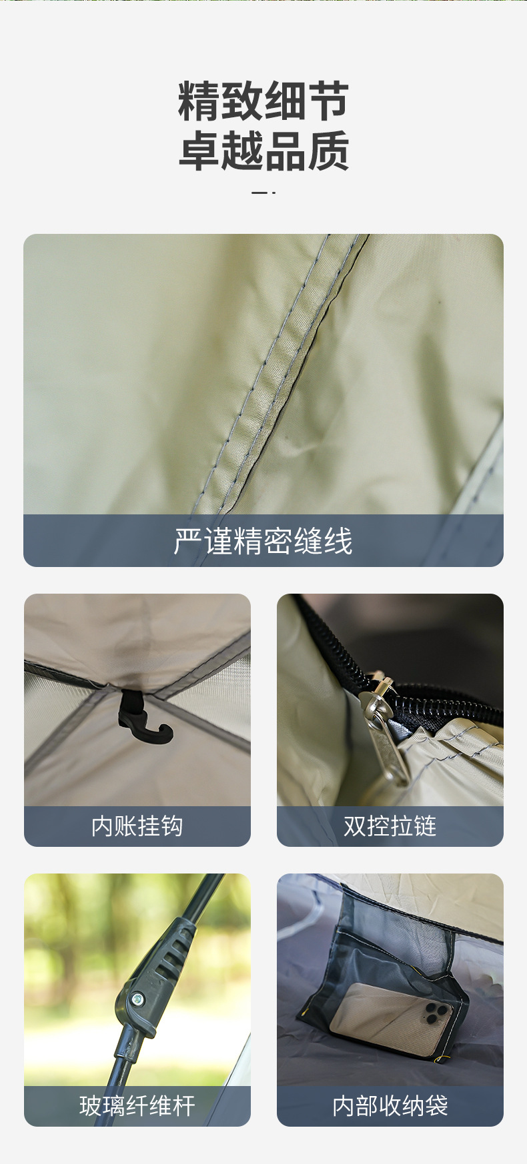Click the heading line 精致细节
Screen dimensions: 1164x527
(263, 102)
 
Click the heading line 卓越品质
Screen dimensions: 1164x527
(263, 151)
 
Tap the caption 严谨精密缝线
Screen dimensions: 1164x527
(263, 541)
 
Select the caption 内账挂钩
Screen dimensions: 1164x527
(137, 826)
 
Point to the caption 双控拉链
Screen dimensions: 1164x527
(390, 826)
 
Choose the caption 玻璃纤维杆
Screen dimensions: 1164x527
(137, 1106)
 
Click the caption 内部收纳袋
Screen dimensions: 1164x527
(390, 1106)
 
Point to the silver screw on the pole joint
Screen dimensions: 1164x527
(137, 999)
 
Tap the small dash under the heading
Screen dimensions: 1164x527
(263, 193)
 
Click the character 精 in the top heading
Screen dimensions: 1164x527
(199, 102)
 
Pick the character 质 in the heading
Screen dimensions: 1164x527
(328, 151)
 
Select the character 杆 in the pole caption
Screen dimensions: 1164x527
(183, 1106)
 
